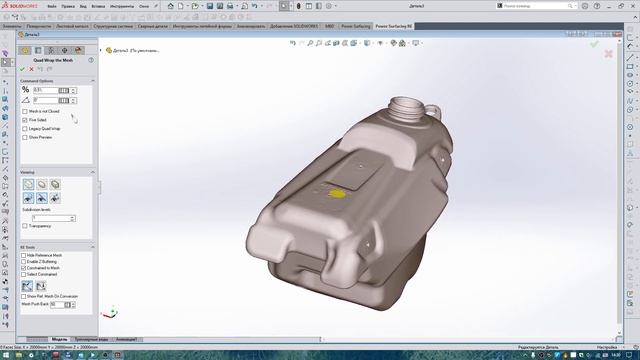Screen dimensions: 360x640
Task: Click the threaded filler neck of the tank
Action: tap(408, 104)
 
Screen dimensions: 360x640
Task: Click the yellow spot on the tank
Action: tap(340, 192)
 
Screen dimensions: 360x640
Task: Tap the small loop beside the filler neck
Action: tap(433, 108)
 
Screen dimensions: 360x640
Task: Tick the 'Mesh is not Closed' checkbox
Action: tap(25, 111)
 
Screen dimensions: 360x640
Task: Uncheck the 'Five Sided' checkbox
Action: tap(25, 120)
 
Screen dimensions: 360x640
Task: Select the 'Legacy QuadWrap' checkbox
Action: tap(25, 128)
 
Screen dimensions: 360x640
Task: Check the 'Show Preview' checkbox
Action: tap(25, 137)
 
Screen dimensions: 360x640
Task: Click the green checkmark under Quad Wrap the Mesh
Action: tap(23, 68)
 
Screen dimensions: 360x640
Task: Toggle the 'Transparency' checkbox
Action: tap(25, 226)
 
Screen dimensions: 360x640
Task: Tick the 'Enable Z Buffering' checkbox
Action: tap(25, 262)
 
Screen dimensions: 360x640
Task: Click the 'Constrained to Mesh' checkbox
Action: tap(25, 268)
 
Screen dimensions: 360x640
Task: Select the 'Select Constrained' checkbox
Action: tap(25, 275)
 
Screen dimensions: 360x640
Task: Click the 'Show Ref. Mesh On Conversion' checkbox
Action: tap(25, 297)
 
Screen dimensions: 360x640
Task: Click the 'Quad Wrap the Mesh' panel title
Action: tap(56, 58)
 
